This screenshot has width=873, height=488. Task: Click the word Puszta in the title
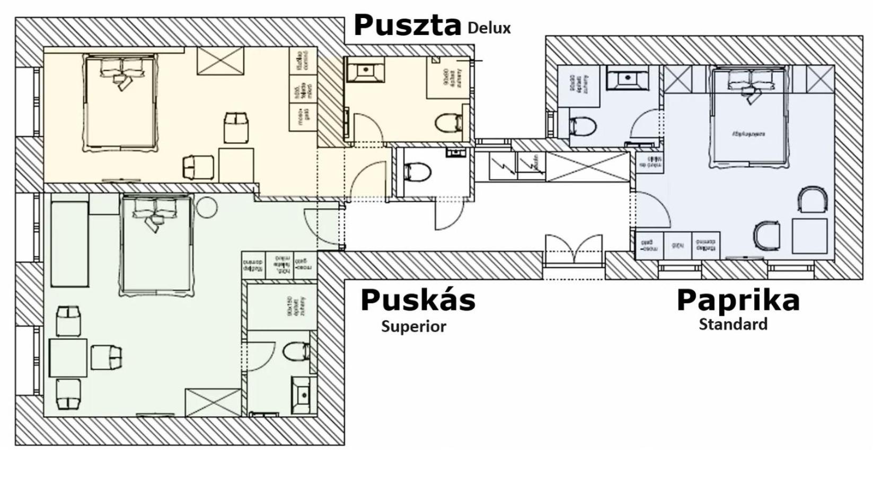pyautogui.click(x=407, y=25)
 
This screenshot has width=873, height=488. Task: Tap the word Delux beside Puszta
pyautogui.click(x=489, y=28)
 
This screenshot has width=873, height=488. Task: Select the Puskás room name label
pyautogui.click(x=418, y=300)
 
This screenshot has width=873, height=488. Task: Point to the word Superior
pyautogui.click(x=413, y=326)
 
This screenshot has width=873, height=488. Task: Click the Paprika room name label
pyautogui.click(x=738, y=300)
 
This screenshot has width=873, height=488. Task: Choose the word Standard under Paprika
pyautogui.click(x=733, y=324)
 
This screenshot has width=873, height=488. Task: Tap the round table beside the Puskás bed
pyautogui.click(x=206, y=207)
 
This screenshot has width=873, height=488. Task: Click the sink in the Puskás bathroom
pyautogui.click(x=303, y=395)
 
